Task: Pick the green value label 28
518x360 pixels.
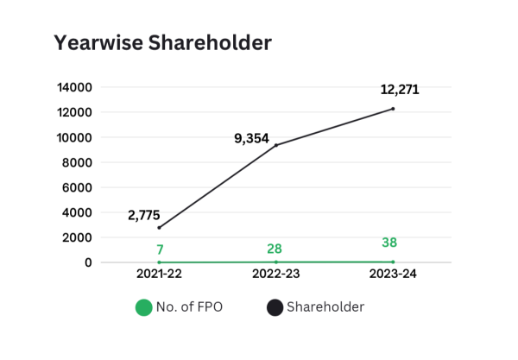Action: [276, 249]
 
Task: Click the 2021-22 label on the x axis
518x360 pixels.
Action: [160, 275]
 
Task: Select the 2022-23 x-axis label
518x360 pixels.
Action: [276, 275]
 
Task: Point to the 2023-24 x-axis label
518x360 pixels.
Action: [393, 275]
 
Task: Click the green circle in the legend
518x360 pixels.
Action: [143, 306]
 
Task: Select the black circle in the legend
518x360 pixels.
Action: [275, 306]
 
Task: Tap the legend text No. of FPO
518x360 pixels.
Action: [190, 306]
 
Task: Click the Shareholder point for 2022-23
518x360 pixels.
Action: [276, 145]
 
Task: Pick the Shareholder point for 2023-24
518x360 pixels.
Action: [393, 109]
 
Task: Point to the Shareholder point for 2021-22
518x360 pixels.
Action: [160, 228]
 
